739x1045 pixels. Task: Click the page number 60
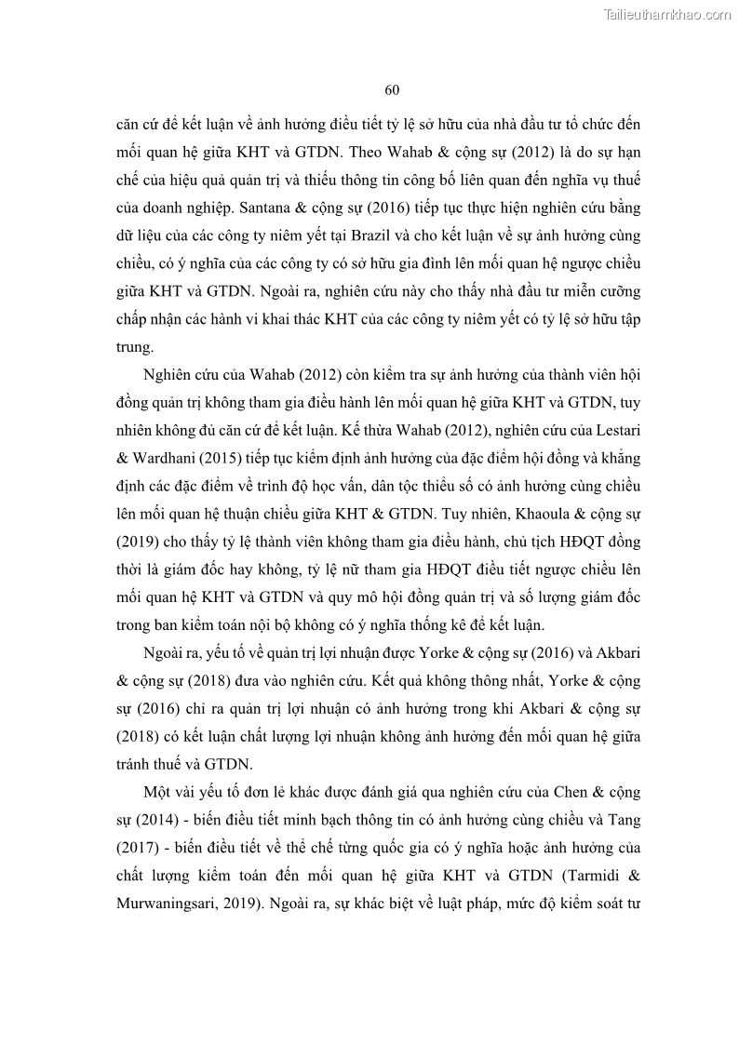point(392,90)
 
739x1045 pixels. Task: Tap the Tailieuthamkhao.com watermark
point(668,14)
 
